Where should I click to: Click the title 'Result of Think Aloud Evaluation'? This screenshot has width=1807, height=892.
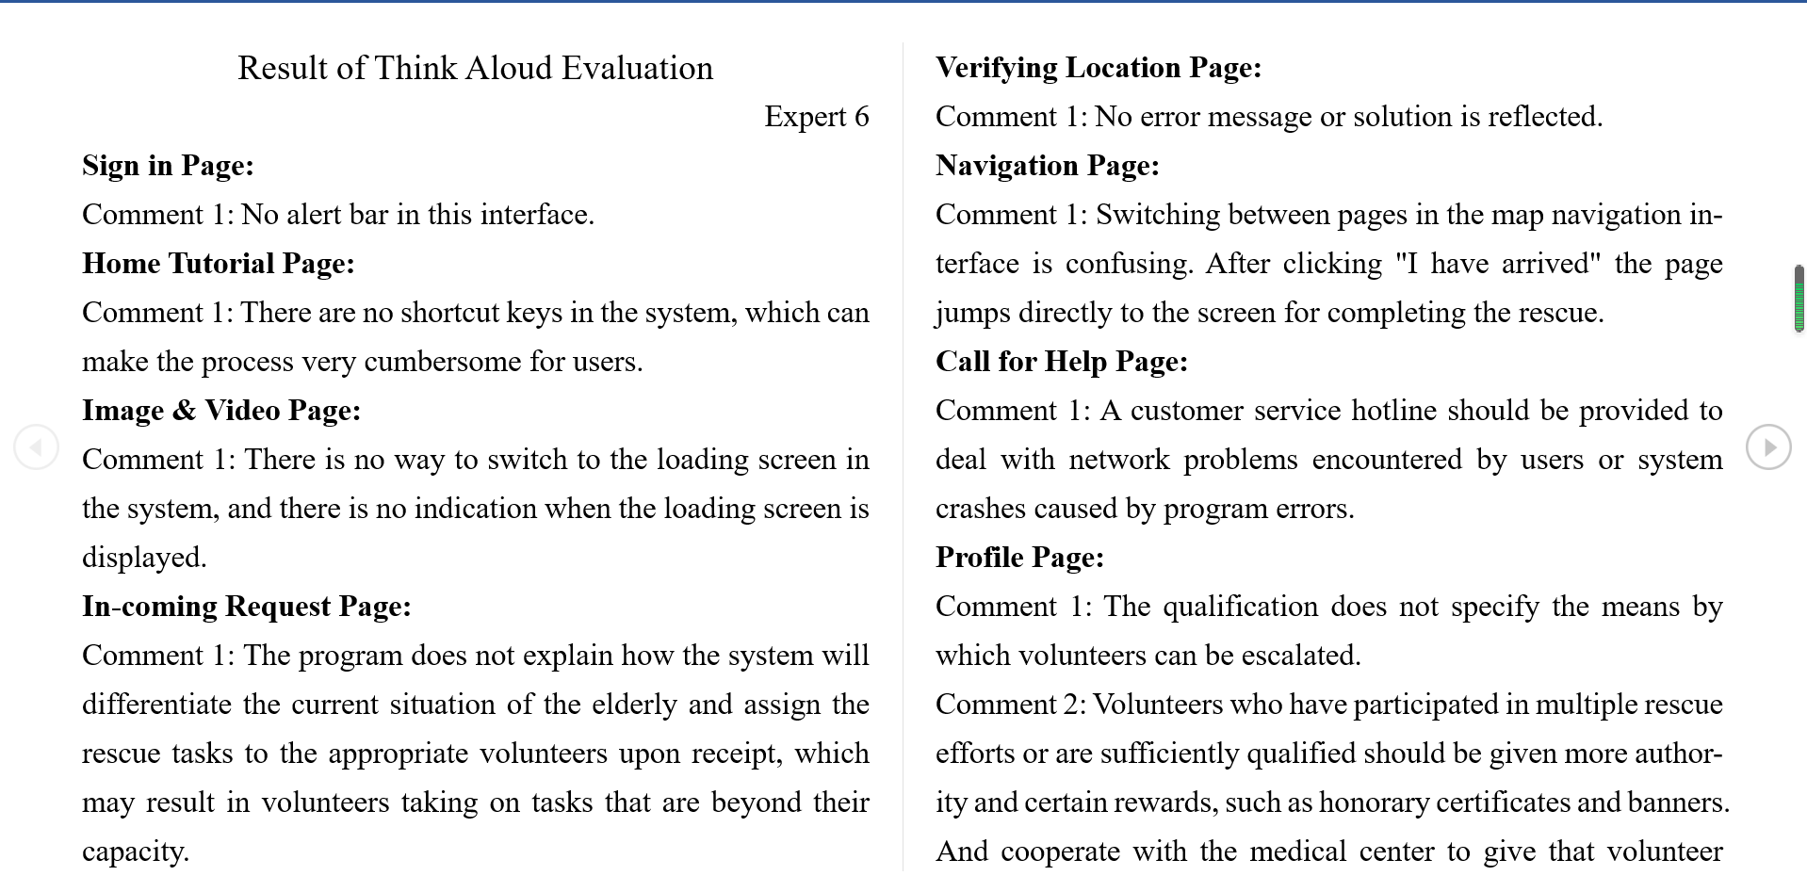coord(475,68)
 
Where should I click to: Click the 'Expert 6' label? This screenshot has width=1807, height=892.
coord(816,117)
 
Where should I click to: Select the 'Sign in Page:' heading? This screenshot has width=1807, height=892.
coord(168,166)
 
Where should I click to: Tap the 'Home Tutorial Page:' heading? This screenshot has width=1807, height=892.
coord(219,264)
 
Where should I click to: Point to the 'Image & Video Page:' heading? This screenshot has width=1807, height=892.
coord(221,411)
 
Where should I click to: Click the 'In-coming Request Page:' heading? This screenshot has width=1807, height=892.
coord(247,607)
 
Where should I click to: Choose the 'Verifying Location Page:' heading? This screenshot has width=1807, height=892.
coord(1099,68)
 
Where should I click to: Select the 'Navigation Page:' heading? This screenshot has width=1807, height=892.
coord(1048,166)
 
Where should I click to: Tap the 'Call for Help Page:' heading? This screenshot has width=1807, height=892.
coord(1062,362)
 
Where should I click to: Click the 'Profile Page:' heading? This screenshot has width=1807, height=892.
coord(1019,558)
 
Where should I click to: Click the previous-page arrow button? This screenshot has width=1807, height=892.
coord(37,446)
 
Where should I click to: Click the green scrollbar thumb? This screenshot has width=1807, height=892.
coord(1799,299)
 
